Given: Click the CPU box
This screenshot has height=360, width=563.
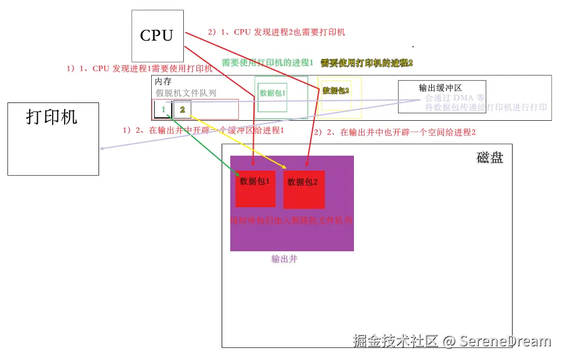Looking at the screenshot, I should click(157, 35).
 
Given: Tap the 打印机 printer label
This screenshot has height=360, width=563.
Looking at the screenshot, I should click(52, 117).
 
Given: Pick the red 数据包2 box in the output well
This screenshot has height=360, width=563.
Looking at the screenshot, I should click(304, 189).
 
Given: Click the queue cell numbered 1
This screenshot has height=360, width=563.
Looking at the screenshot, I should click(163, 109).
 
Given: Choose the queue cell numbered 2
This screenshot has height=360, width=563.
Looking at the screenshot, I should click(182, 109).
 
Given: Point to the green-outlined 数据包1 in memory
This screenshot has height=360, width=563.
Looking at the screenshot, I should click(273, 93).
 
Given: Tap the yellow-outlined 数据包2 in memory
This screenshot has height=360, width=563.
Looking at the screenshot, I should click(336, 90).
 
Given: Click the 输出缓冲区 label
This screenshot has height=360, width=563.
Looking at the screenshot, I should click(440, 88).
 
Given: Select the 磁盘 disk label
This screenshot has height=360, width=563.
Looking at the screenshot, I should click(490, 158).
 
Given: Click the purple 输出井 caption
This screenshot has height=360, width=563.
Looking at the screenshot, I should click(285, 259).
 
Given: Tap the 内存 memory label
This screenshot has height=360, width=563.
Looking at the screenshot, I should click(163, 82).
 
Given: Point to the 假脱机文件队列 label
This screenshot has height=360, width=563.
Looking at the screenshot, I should click(186, 93).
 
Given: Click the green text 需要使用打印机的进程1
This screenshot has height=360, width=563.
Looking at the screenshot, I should click(267, 62).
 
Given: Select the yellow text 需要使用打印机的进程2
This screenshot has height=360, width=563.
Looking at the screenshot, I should click(367, 62).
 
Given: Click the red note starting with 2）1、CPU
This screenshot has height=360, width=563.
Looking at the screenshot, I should click(277, 33).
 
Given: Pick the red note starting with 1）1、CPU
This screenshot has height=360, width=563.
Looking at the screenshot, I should click(139, 69).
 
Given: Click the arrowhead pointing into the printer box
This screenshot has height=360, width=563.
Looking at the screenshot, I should click(101, 149).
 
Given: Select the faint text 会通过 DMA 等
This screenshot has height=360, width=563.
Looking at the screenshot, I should click(455, 98).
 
